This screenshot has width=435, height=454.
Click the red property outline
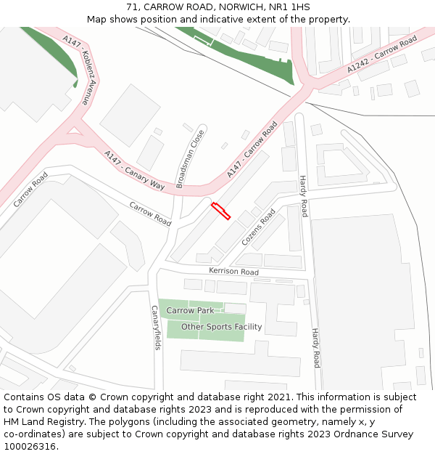tap(220, 211)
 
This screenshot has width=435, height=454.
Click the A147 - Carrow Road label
tap(252, 150)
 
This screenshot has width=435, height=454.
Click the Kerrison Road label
tap(233, 272)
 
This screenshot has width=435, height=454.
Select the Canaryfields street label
tap(155, 327)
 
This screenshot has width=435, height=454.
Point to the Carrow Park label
tap(191, 310)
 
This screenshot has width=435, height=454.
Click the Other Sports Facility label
tap(221, 327)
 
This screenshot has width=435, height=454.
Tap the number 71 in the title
tap(132, 7)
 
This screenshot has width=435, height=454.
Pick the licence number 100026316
tap(30, 447)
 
